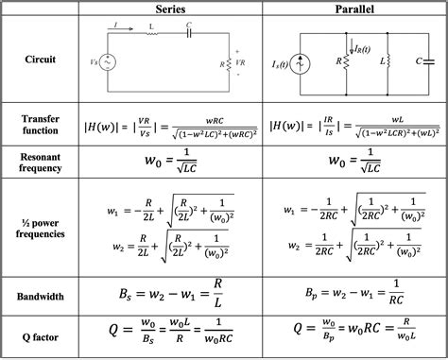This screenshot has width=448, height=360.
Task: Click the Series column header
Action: pyautogui.click(x=170, y=9)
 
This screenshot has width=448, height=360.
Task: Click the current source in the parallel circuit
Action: pyautogui.click(x=301, y=63)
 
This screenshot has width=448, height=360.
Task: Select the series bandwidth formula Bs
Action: pyautogui.click(x=170, y=296)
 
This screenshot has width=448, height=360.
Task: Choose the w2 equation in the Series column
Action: pyautogui.click(x=170, y=249)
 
